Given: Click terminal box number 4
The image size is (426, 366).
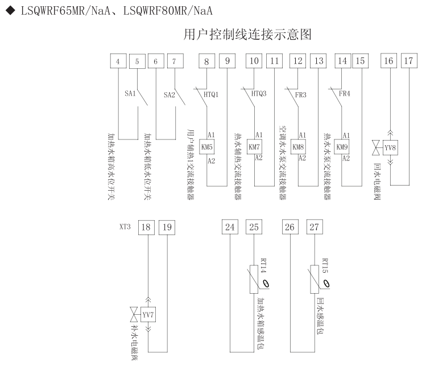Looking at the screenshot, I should point(117,61).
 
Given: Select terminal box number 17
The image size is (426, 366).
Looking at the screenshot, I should point(408,61).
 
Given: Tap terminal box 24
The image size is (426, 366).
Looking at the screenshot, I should point(230,227).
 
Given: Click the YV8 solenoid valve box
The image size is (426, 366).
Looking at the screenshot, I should point(390,147).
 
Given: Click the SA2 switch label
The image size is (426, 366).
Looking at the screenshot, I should point(169,94).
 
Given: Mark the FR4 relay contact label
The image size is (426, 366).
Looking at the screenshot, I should point(344,94).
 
